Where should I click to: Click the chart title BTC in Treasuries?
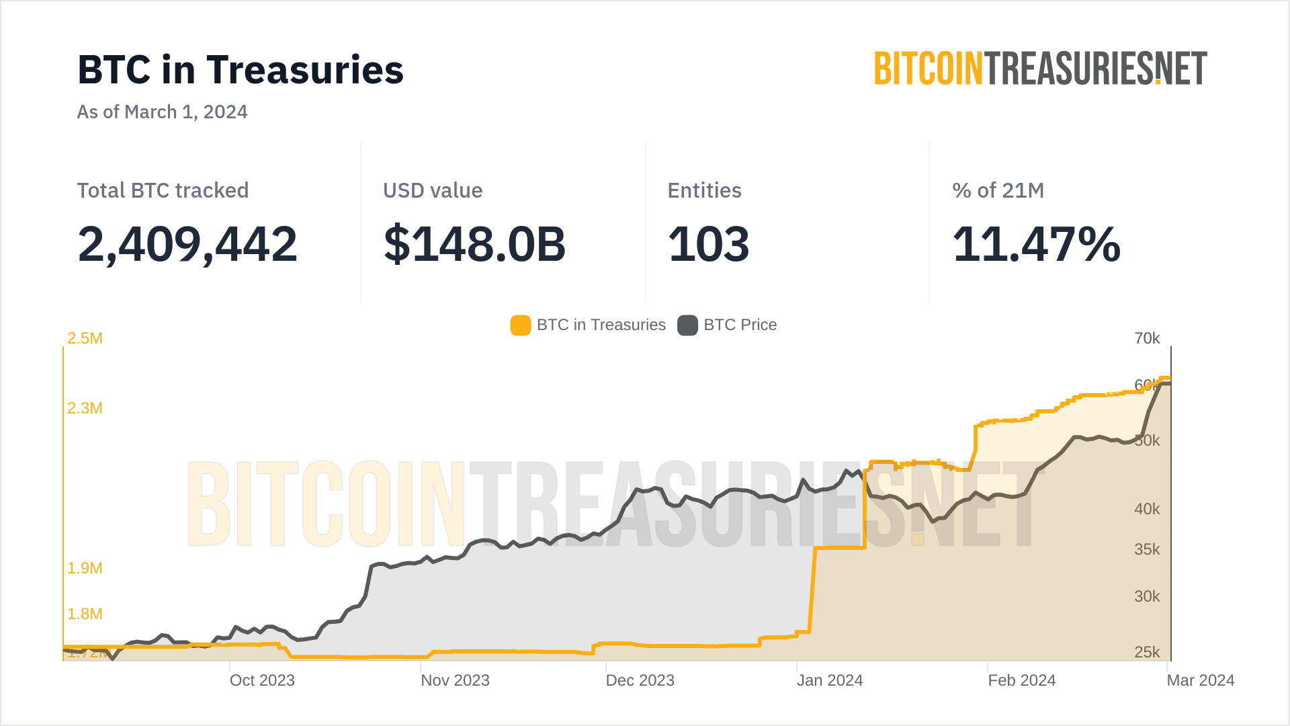241,70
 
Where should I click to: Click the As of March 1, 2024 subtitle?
162,112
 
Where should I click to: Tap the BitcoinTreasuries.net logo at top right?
1040,69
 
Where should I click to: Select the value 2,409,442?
187,244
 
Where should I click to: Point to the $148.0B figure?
474,244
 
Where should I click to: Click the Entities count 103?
708,244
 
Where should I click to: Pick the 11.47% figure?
1036,244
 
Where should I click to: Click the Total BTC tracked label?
163,190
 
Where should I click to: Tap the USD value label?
433,190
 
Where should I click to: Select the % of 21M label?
998,190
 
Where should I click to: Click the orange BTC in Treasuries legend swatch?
521,325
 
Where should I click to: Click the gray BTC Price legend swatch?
687,325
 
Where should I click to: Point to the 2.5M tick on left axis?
85,338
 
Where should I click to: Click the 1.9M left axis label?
85,568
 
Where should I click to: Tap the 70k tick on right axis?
1147,338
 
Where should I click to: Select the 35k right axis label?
1147,549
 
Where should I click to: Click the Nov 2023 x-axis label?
455,680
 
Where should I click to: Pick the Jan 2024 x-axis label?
830,680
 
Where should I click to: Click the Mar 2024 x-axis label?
1201,680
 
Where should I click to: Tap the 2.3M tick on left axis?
85,408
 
